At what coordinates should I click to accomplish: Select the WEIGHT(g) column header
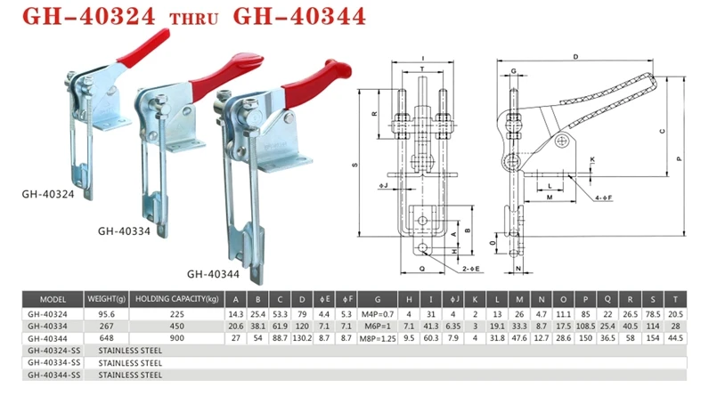pos(106,300)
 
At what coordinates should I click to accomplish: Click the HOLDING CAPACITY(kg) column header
pos(177,300)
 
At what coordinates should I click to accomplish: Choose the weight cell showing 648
pos(106,338)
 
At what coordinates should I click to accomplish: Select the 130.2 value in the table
pos(302,338)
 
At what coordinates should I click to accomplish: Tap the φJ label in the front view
pos(382,186)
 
